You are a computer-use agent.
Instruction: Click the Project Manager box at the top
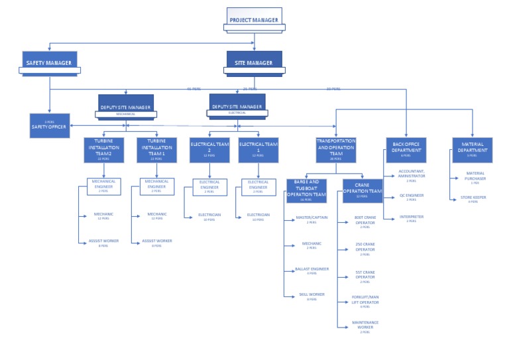click(254, 20)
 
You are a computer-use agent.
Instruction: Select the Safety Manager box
click(50, 62)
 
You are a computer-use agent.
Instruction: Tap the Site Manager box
click(254, 62)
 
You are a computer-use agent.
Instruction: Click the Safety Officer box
click(49, 126)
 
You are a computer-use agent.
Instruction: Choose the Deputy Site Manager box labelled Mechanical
click(126, 106)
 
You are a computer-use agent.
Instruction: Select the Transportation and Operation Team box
click(336, 150)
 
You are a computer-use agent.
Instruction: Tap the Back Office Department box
click(406, 150)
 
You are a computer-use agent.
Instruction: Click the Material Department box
click(473, 150)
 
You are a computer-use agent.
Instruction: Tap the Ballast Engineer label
click(311, 270)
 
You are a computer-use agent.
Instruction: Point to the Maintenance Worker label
click(365, 325)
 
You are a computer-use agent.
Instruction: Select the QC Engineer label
click(411, 196)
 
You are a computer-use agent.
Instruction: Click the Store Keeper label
click(473, 198)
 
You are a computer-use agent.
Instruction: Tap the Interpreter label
click(411, 217)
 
